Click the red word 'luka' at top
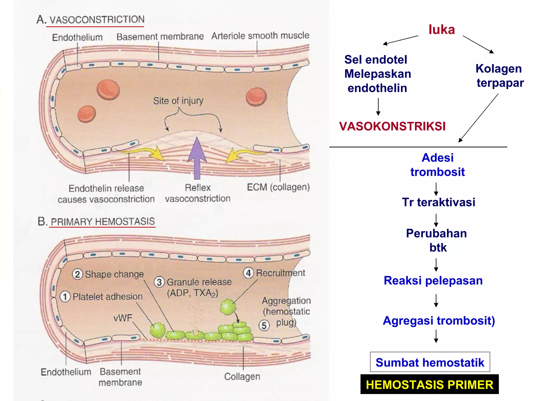tap(442, 30)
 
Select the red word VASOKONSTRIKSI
tap(392, 126)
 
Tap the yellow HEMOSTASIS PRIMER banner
tap(429, 385)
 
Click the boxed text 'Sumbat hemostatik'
tap(430, 362)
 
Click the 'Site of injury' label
tap(178, 101)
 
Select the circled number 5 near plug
tap(264, 326)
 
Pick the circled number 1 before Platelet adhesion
tap(65, 297)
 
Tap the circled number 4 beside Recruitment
tap(248, 273)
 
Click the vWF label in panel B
tap(123, 318)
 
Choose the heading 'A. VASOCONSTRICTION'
tap(90, 20)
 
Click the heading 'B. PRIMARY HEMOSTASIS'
tap(96, 221)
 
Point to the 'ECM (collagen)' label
tap(278, 187)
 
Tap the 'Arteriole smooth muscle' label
tap(260, 36)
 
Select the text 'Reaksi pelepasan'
tap(433, 281)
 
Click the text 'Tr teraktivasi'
tap(439, 202)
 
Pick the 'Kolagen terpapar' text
tap(499, 76)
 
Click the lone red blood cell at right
tap(256, 97)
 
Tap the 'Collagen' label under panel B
tap(242, 376)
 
